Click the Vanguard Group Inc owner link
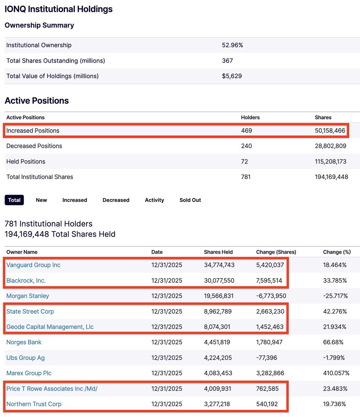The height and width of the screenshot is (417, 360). (33, 265)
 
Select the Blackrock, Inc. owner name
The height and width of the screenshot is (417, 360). (26, 280)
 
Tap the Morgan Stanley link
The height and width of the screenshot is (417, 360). (28, 296)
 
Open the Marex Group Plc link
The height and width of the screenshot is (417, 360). (29, 373)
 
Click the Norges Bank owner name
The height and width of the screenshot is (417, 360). (24, 342)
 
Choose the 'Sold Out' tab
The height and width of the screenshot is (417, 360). (190, 200)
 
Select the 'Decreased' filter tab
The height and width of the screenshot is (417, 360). (116, 200)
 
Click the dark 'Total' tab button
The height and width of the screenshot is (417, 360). (14, 200)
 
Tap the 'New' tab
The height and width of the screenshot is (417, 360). (41, 200)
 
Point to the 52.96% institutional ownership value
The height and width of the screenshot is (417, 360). (232, 45)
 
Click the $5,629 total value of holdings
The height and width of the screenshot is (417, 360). (232, 76)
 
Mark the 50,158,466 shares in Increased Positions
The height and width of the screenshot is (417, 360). (330, 131)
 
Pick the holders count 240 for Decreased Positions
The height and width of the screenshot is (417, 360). (246, 146)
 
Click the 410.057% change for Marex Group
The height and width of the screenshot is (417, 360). (336, 373)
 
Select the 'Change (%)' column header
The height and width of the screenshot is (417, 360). (337, 252)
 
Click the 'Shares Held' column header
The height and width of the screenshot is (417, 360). (218, 252)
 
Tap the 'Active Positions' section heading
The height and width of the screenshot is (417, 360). (37, 101)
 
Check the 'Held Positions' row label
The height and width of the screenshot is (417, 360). (26, 162)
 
